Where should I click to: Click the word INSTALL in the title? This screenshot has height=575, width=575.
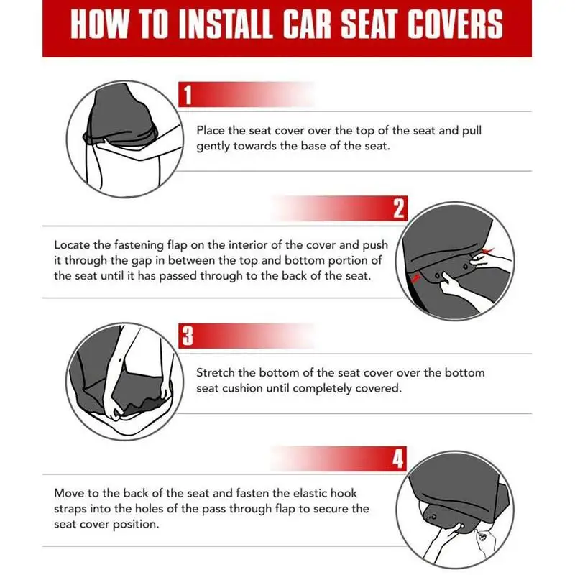[x=225, y=24]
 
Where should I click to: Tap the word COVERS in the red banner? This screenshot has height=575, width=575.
[x=455, y=24]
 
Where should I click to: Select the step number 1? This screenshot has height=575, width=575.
[x=188, y=95]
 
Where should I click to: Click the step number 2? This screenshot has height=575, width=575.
[x=399, y=208]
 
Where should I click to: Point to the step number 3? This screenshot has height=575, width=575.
[x=188, y=336]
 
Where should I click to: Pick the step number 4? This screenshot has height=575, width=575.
[x=398, y=459]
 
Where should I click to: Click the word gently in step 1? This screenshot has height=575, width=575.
[x=213, y=147]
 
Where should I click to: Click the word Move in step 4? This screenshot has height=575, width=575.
[x=68, y=493]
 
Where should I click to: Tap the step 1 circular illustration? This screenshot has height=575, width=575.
[x=124, y=139]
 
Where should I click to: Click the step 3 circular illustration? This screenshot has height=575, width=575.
[x=124, y=382]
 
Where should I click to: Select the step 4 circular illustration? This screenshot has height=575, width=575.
[x=455, y=510]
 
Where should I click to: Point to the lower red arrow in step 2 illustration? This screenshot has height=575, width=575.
[x=416, y=278]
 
